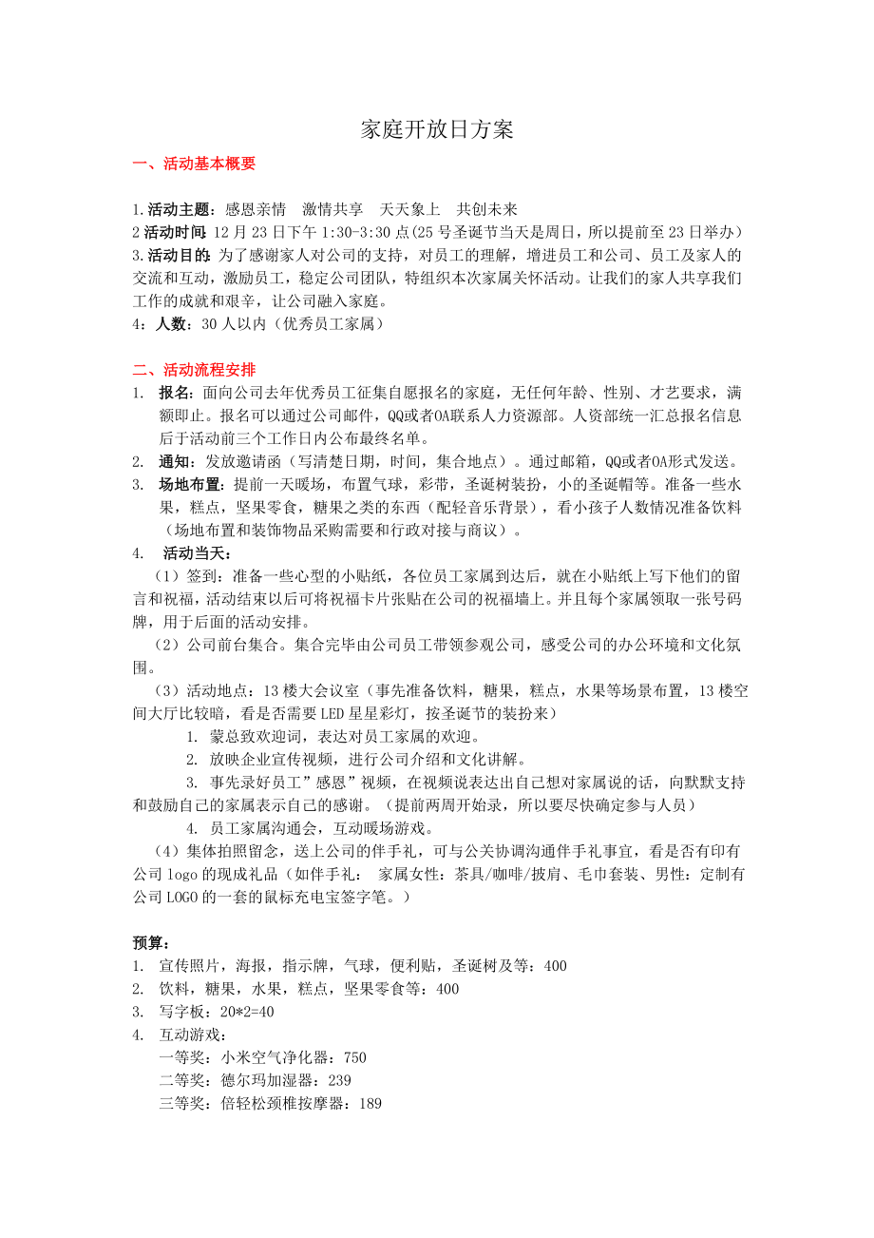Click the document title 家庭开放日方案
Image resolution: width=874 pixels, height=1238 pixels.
click(x=437, y=130)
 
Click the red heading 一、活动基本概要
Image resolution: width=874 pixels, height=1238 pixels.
click(x=194, y=164)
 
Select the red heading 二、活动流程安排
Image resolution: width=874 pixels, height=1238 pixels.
click(x=194, y=369)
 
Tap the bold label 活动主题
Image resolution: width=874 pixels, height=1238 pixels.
click(x=178, y=209)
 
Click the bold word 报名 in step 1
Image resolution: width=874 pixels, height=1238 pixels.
click(x=175, y=392)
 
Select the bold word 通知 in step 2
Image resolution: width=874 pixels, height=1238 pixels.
click(x=175, y=461)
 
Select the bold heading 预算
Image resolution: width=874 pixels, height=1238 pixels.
click(x=150, y=942)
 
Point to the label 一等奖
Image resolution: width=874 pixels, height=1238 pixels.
click(x=182, y=1057)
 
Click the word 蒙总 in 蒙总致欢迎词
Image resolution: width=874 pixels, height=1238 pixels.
click(x=224, y=736)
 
